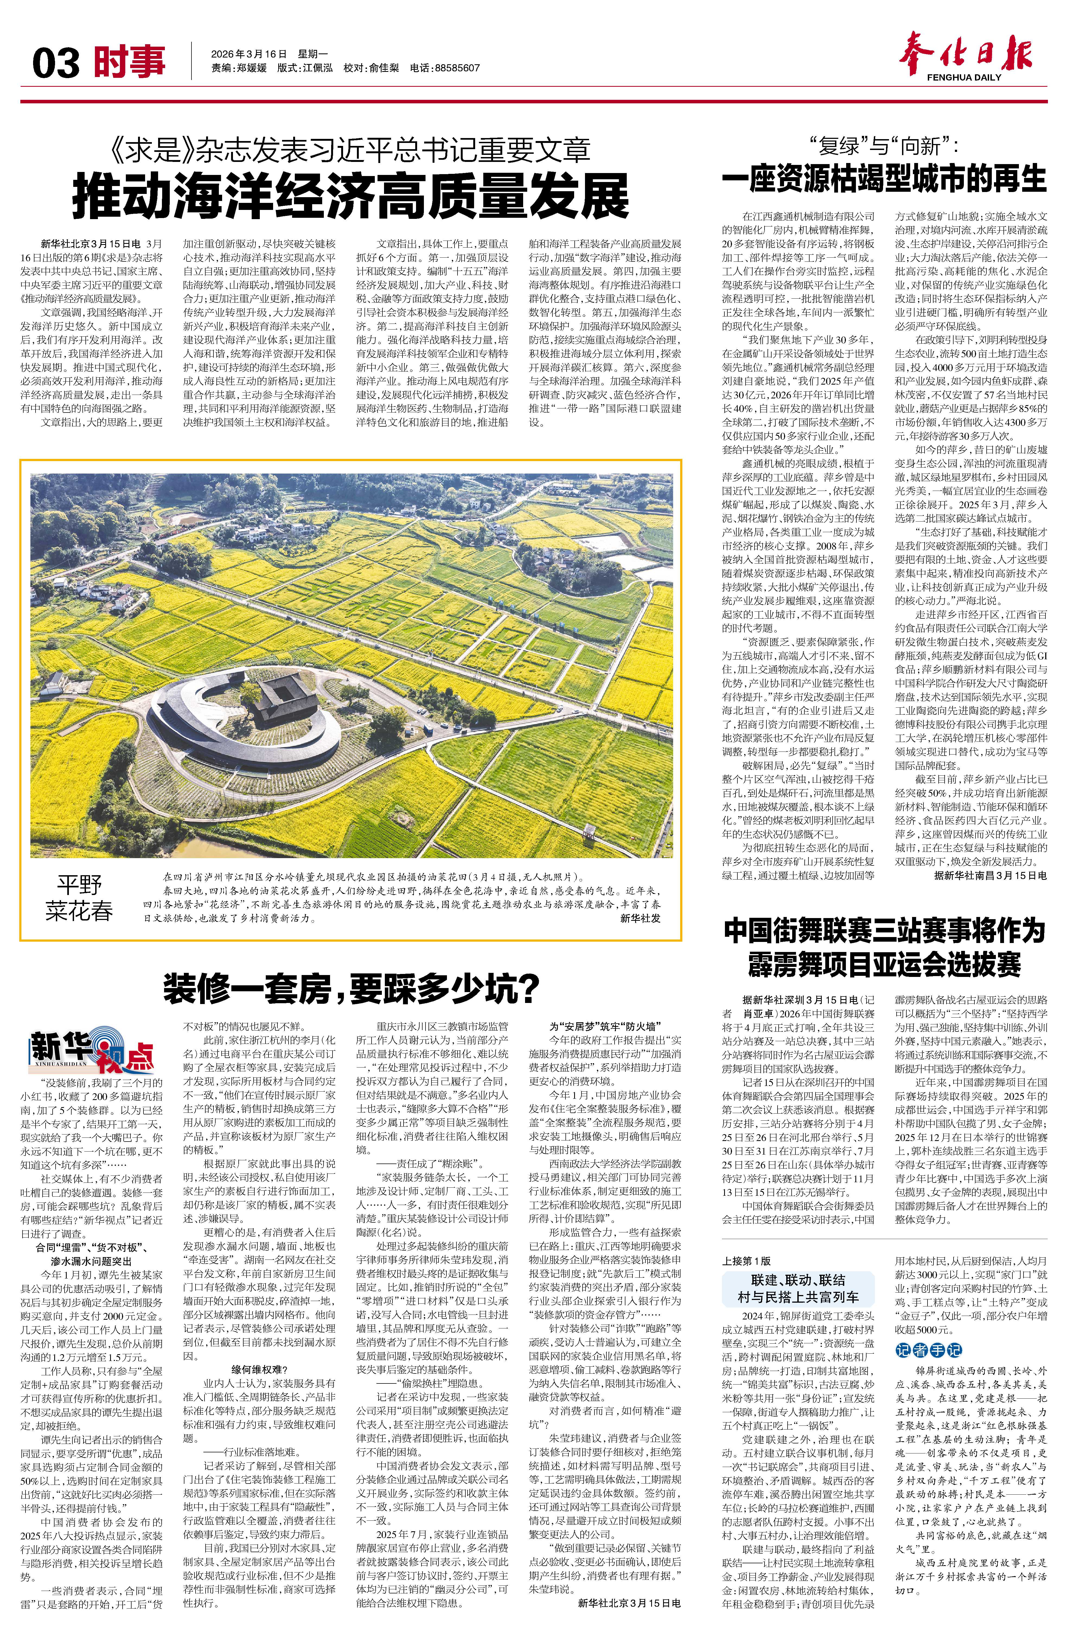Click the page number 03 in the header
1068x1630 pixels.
[x=56, y=64]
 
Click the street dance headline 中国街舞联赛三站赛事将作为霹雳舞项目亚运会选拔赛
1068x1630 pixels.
[x=884, y=948]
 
